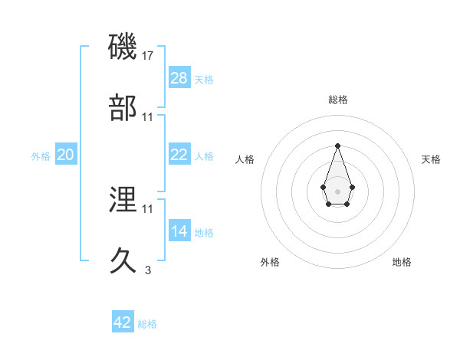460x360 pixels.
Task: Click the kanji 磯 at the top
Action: pos(123,47)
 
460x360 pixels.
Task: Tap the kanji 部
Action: pos(123,107)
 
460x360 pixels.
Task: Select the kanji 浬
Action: pos(123,200)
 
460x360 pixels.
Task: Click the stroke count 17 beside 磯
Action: pos(149,56)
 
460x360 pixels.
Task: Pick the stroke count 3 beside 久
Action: pos(148,270)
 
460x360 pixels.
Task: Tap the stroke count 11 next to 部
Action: pos(148,116)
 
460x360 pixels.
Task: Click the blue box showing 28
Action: pos(179,78)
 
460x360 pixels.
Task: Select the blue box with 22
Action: pos(179,155)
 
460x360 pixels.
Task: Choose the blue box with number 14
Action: pos(179,231)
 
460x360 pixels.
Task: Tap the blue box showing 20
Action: pos(66,155)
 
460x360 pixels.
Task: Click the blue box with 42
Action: pos(123,322)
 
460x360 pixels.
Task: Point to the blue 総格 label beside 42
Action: pos(147,324)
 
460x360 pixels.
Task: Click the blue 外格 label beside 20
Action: pos(41,156)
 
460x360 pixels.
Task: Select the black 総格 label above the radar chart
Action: pos(337,100)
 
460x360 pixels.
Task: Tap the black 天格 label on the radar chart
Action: pos(431,159)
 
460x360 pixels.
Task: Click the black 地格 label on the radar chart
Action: pos(402,263)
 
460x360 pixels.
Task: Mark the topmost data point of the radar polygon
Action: pos(337,146)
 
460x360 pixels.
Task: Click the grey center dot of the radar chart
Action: pos(337,190)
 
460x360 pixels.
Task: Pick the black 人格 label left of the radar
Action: pos(245,159)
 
